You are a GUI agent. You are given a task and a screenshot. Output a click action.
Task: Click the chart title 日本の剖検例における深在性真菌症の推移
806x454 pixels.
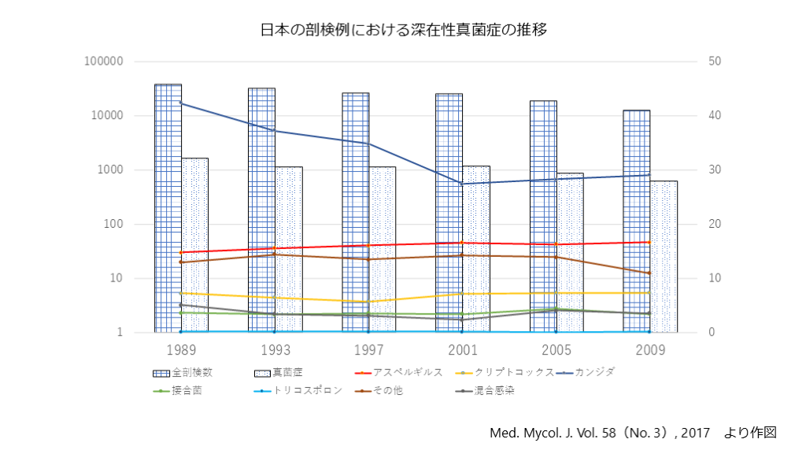tap(403, 30)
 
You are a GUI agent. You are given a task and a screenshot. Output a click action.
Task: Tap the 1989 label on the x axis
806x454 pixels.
tap(180, 349)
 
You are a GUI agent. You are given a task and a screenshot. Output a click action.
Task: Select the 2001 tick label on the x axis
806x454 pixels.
tap(462, 349)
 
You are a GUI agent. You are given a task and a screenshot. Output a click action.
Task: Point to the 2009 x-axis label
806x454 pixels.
tap(649, 349)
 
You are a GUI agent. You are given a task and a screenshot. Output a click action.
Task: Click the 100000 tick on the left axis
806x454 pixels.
tap(104, 61)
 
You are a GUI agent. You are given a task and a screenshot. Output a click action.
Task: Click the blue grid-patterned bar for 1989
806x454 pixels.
tap(168, 205)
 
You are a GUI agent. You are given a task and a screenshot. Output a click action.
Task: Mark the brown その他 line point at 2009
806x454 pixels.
tap(649, 274)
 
